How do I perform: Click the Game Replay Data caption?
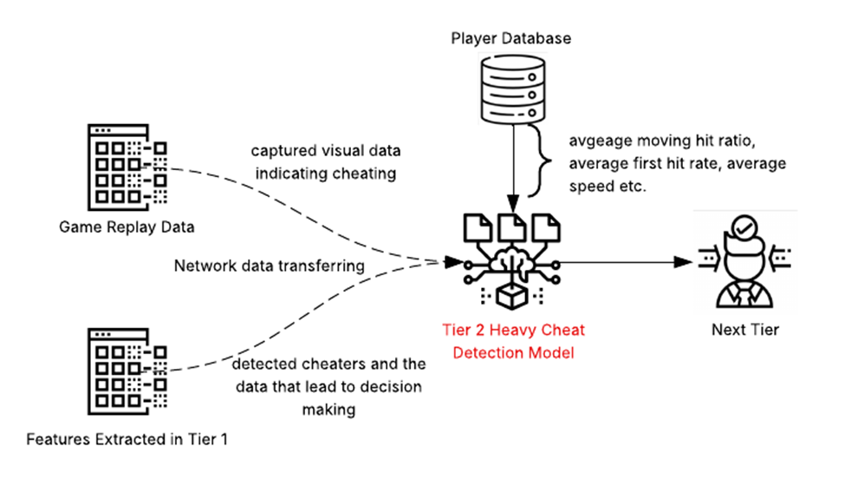(127, 228)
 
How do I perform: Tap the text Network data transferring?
(270, 266)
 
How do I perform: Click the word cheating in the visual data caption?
(363, 174)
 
